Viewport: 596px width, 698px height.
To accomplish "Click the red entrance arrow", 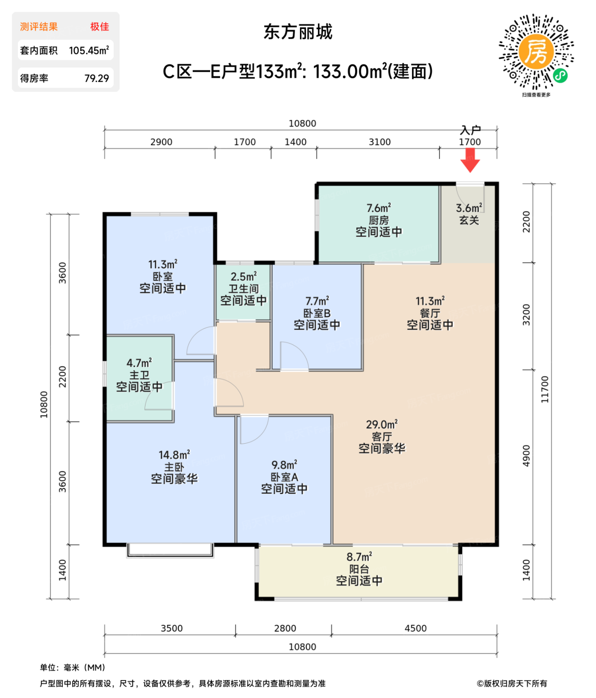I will tap(469, 160).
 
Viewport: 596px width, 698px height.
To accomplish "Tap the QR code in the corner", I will tap(536, 52).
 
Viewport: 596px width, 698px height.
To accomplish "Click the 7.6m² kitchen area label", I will tap(379, 208).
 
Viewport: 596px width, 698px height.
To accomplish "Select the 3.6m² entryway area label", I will tap(469, 208).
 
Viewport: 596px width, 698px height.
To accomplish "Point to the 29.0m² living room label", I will tap(382, 425).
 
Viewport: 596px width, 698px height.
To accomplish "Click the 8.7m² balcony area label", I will tap(359, 557).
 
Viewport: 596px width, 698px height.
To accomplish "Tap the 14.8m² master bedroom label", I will tap(174, 455).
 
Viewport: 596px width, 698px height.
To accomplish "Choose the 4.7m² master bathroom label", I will tap(139, 363).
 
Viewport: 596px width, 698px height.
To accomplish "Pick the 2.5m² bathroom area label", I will tap(244, 277).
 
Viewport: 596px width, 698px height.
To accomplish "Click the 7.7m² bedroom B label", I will tap(317, 301).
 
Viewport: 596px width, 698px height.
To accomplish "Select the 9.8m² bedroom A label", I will tap(285, 465).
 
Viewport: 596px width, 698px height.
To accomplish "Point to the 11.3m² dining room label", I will tap(430, 301).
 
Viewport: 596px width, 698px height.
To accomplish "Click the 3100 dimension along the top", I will tap(380, 142).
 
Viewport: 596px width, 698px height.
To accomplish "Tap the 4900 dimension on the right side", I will tap(527, 456).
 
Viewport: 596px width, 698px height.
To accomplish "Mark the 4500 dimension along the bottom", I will tap(416, 628).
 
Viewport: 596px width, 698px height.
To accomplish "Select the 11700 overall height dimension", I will tap(545, 389).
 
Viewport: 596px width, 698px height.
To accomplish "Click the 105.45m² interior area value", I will tap(89, 50).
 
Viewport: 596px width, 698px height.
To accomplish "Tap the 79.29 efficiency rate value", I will tap(97, 78).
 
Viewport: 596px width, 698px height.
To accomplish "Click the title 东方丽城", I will tap(298, 32).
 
